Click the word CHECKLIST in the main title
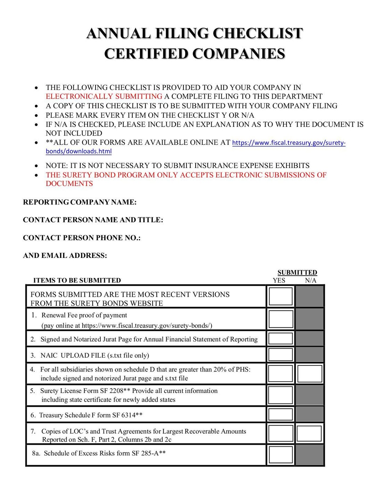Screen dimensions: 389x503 [x=257, y=34]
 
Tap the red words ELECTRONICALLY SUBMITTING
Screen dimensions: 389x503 [x=104, y=97]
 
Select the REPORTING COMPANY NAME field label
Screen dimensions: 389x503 [x=80, y=202]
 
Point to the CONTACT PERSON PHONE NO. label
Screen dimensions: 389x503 [x=82, y=238]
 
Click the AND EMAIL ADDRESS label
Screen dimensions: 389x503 [x=65, y=256]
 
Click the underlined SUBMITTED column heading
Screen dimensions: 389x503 [x=297, y=273]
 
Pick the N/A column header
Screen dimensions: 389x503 [x=311, y=280]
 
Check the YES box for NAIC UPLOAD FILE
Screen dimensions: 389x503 [x=281, y=355]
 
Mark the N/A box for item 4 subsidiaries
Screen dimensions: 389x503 [x=310, y=374]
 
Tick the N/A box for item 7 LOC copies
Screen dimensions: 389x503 [x=309, y=434]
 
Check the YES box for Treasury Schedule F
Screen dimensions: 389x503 [x=281, y=414]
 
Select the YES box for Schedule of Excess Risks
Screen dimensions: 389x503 [x=281, y=454]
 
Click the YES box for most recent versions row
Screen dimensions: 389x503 [x=281, y=296]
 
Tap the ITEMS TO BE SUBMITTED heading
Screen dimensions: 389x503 [x=77, y=280]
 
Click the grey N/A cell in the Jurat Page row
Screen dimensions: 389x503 [x=310, y=338]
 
